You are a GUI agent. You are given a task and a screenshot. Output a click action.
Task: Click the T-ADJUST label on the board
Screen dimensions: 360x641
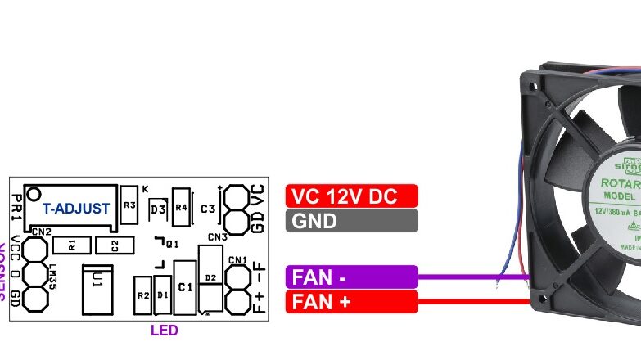[75, 209]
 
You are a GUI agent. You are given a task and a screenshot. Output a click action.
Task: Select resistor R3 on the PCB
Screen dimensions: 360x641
[129, 205]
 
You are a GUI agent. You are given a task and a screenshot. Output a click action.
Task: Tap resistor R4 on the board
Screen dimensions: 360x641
[181, 208]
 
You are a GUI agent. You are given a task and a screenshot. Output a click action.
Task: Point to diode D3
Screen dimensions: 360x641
[157, 210]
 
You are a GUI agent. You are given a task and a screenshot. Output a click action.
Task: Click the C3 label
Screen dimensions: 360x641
[207, 209]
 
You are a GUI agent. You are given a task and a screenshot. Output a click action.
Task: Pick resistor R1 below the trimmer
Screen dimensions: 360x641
[71, 244]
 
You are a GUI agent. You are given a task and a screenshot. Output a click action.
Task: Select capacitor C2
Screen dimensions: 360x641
[115, 245]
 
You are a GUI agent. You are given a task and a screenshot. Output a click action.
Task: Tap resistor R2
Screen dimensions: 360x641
[143, 295]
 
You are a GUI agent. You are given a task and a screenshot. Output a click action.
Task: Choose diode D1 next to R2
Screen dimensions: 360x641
[162, 295]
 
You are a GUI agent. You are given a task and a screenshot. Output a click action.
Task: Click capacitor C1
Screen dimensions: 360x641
[185, 287]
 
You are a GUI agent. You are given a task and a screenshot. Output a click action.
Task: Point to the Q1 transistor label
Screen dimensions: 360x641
[171, 243]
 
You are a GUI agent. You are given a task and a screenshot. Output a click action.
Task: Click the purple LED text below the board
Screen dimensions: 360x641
[164, 331]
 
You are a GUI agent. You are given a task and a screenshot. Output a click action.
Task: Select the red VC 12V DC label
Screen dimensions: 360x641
[351, 196]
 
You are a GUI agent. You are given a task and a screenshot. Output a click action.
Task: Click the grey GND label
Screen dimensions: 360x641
[351, 220]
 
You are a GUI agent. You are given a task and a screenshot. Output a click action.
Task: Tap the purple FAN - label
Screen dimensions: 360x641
[351, 277]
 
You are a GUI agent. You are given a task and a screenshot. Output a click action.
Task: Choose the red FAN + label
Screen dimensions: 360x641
[351, 301]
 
